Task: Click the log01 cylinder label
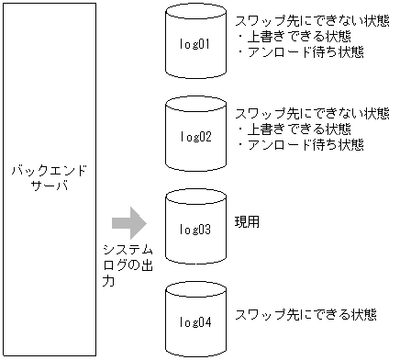(195, 44)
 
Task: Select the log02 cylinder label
(195, 137)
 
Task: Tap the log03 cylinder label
(195, 229)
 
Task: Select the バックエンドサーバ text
(49, 179)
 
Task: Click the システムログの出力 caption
(127, 266)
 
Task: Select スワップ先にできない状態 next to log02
(312, 114)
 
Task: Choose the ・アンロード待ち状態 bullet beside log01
(300, 52)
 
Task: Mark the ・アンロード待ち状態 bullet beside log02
(300, 145)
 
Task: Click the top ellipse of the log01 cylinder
(195, 15)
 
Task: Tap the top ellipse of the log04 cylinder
(195, 292)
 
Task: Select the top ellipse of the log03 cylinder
(195, 199)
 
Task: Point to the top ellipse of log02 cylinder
(195, 107)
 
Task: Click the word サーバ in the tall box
(49, 187)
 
